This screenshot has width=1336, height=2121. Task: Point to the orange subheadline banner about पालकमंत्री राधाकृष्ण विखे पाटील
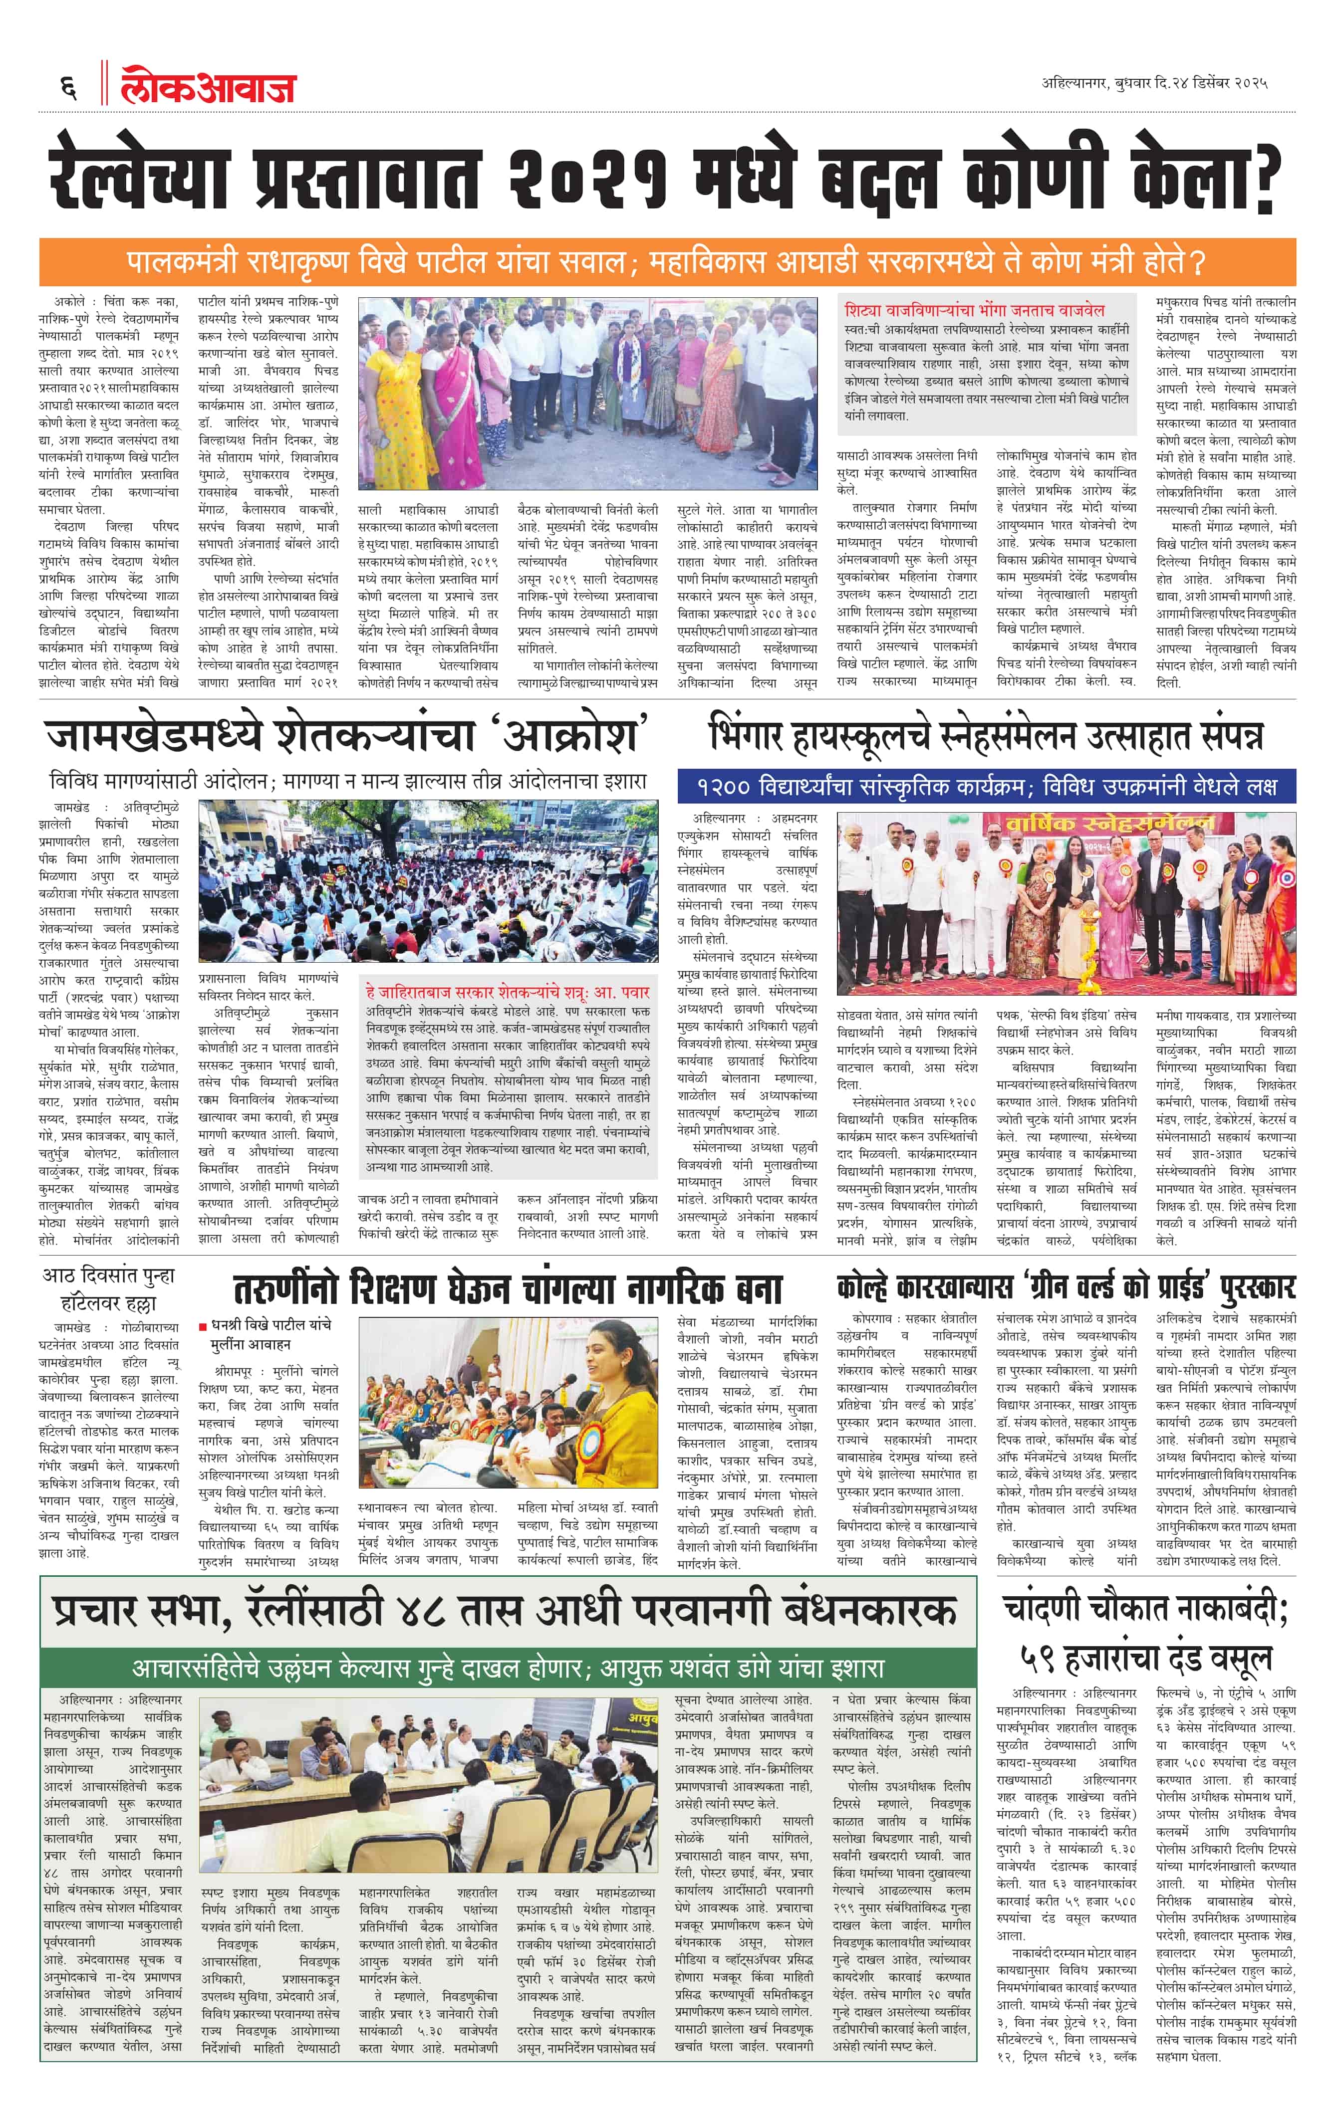pyautogui.click(x=667, y=262)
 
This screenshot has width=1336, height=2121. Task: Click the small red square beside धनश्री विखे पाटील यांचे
pyautogui.click(x=203, y=1326)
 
